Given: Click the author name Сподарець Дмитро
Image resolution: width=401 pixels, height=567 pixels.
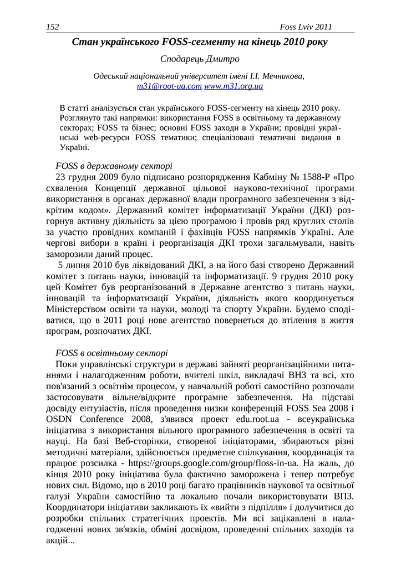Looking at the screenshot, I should pos(200,59).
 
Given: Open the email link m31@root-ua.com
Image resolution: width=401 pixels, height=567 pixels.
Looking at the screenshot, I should pos(169,86).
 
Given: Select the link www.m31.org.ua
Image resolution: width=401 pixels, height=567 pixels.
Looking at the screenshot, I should pos(233,86).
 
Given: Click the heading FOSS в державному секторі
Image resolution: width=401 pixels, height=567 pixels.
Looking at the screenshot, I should pos(114,166).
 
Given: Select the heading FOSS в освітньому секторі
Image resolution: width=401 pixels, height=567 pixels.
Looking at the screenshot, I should pos(111,353).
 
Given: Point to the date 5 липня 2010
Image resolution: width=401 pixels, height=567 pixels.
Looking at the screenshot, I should pos(97,266).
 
